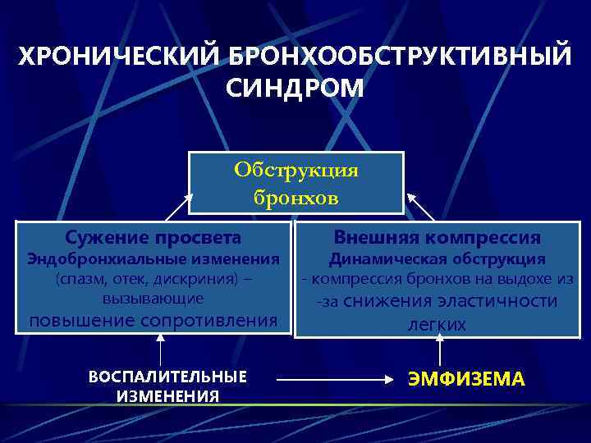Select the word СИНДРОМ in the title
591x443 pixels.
click(x=295, y=88)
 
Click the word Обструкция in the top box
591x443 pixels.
click(x=296, y=170)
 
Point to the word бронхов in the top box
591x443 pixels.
click(x=296, y=198)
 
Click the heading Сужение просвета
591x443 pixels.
click(x=153, y=238)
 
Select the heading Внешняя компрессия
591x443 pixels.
click(x=437, y=238)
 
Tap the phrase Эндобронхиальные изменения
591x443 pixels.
click(x=153, y=259)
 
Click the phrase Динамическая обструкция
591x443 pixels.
click(x=437, y=259)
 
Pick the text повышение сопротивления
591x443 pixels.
click(x=153, y=319)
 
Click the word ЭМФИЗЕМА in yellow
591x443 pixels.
click(x=465, y=379)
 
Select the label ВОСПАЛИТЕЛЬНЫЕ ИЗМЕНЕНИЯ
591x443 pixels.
click(x=167, y=386)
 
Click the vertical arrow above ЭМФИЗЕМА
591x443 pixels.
click(x=441, y=353)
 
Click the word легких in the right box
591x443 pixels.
click(x=437, y=325)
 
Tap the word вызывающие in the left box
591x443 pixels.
click(x=153, y=296)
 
